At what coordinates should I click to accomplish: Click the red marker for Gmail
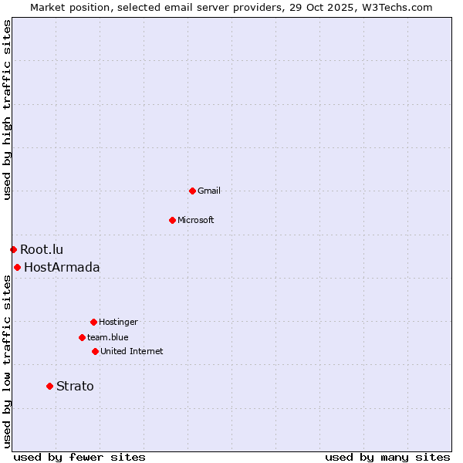[x=192, y=191]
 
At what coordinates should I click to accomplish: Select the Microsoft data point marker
[x=172, y=220]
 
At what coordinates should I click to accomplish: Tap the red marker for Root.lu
[x=13, y=249]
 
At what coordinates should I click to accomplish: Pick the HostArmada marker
[x=17, y=267]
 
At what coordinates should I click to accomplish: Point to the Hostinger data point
[x=93, y=322]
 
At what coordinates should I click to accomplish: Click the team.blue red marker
[x=82, y=337]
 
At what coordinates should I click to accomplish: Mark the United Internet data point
[x=95, y=351]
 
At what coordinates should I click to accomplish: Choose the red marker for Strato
[x=49, y=386]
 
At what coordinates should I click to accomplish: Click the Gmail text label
[x=209, y=191]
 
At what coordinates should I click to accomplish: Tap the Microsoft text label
[x=196, y=220]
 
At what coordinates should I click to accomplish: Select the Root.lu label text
[x=42, y=249]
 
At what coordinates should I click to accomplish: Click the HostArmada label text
[x=62, y=267]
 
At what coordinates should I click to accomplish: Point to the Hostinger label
[x=118, y=322]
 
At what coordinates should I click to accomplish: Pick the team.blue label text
[x=108, y=337]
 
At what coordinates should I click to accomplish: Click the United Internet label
[x=132, y=351]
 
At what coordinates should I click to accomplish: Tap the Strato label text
[x=75, y=386]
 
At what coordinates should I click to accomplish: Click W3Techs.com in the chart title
[x=397, y=7]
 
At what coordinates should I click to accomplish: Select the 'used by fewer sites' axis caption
[x=79, y=457]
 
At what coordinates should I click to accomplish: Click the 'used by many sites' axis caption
[x=387, y=457]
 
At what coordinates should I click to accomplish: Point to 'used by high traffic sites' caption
[x=7, y=110]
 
